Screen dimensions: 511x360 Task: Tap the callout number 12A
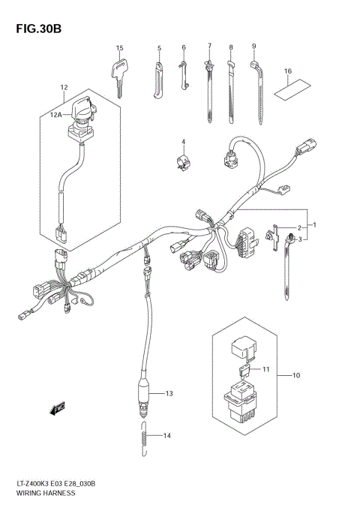pos(55,114)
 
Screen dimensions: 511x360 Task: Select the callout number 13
pos(169,393)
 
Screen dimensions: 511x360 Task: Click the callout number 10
pos(295,374)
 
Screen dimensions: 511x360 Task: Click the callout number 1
pos(315,224)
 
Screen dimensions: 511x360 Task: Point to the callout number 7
pos(209,46)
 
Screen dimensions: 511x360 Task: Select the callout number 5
pos(159,48)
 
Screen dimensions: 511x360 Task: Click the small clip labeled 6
pos(182,74)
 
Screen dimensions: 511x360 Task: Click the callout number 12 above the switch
pos(64,89)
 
